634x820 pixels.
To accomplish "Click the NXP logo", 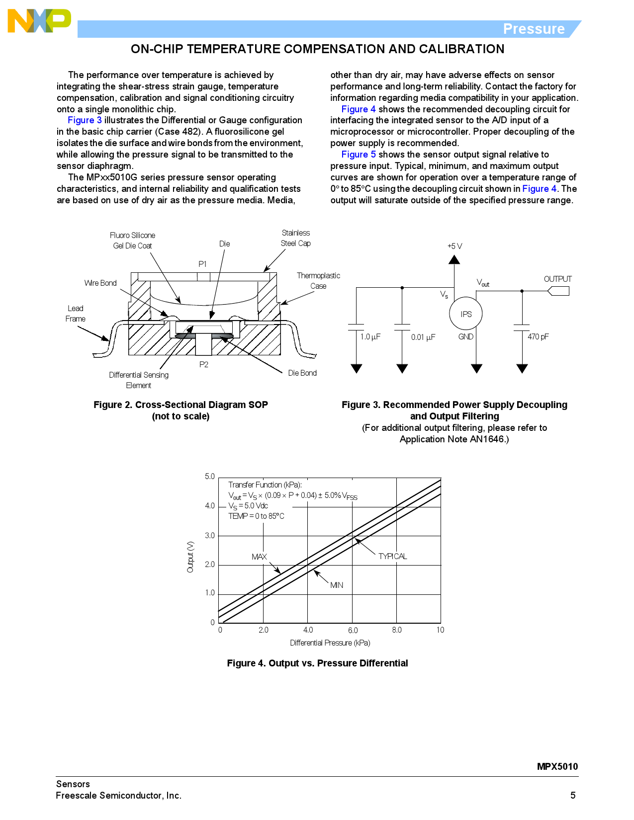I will (39, 21).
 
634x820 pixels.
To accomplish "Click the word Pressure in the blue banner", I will (534, 29).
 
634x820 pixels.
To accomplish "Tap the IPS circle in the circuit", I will (465, 314).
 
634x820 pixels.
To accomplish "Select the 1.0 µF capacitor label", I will (370, 337).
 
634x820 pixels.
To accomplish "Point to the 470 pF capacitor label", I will (538, 337).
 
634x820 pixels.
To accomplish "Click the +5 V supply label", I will (454, 246).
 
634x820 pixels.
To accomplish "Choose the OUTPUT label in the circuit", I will (557, 279).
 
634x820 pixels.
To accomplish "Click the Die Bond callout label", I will (302, 373).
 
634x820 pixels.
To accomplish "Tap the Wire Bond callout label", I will (100, 283).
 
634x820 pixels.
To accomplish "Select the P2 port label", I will (204, 365).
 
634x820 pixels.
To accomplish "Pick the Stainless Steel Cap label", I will (296, 238).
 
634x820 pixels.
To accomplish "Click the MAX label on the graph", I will (259, 557).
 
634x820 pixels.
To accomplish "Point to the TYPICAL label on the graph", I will (392, 556).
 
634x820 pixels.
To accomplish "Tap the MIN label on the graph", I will (337, 585).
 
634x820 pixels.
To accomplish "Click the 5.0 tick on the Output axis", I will (210, 477).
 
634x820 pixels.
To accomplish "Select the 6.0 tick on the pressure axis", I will (353, 630).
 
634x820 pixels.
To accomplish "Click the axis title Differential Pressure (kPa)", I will (330, 643).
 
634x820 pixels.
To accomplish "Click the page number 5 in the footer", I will (573, 795).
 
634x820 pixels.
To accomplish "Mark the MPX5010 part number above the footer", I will (557, 766).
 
